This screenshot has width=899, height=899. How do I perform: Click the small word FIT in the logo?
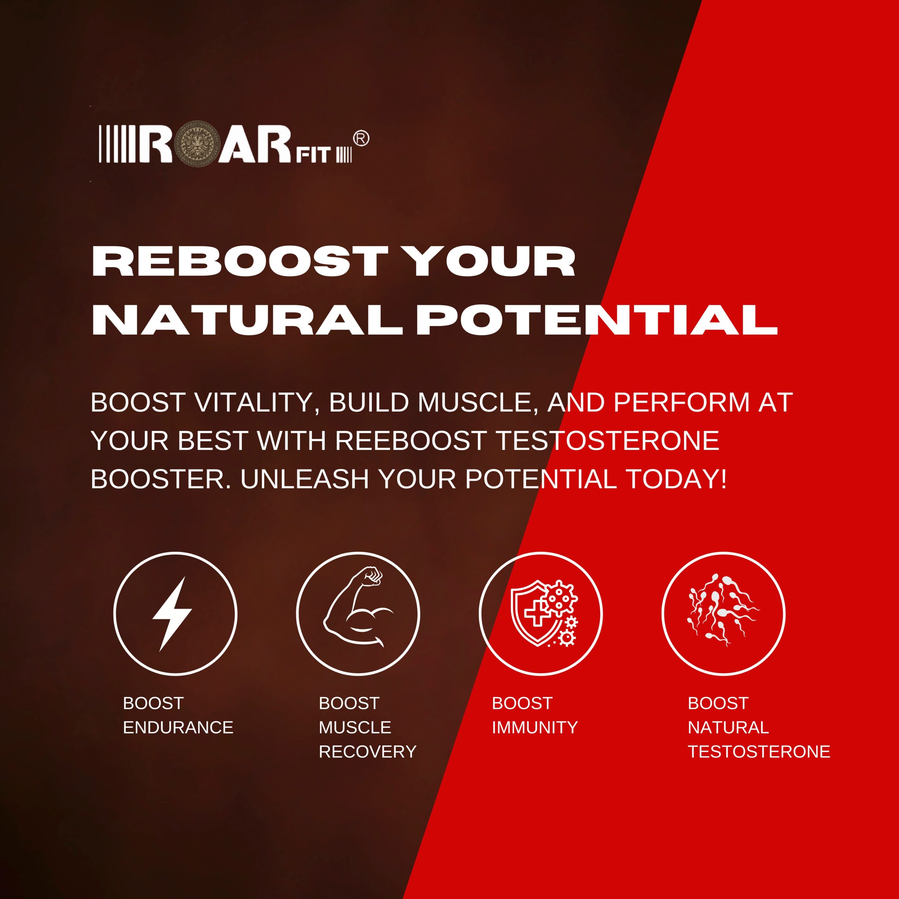(x=314, y=155)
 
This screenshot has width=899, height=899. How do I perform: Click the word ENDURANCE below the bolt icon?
(x=178, y=727)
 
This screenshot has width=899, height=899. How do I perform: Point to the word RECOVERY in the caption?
(x=367, y=752)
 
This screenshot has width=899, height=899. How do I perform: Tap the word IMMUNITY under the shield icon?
(x=534, y=727)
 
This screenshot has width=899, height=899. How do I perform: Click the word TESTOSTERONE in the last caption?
(x=759, y=752)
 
